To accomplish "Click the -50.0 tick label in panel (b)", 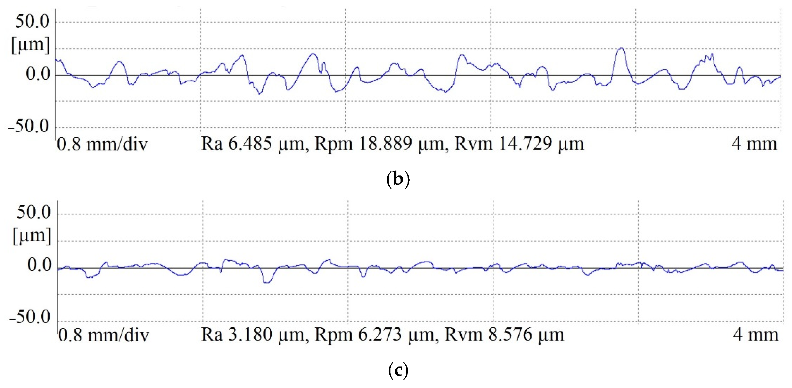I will (x=28, y=126).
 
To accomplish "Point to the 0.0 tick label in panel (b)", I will (x=38, y=74).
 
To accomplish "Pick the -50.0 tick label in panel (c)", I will (x=30, y=317).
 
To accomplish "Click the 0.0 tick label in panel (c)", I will (x=39, y=265).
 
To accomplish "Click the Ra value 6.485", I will (x=250, y=144).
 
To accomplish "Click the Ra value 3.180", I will (x=250, y=334).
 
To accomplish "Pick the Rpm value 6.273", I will (x=380, y=334).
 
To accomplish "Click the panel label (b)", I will (x=398, y=179).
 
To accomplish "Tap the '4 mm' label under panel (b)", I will (x=754, y=144).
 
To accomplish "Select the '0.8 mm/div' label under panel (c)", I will (x=104, y=335).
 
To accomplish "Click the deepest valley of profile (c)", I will (x=267, y=283).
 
